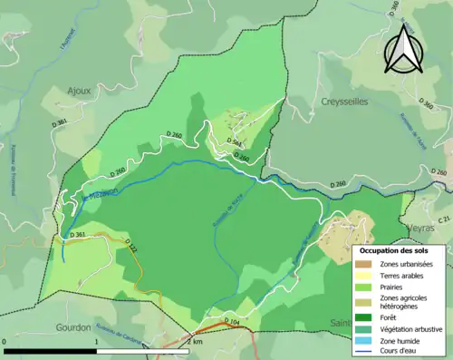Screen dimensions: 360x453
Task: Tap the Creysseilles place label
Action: coord(344,102)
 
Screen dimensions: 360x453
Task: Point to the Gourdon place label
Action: coord(72,327)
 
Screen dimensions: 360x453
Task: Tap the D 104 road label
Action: coord(231,322)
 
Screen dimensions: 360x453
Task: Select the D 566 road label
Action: coord(234,142)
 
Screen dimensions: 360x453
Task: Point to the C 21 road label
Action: coord(443,219)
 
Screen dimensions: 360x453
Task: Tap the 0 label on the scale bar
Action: coord(5,342)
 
